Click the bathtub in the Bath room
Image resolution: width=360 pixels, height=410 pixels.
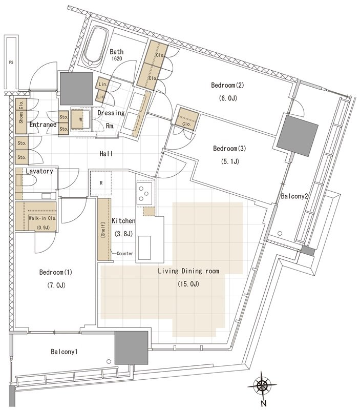(x=96, y=47)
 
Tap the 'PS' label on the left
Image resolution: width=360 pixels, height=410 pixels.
(x=11, y=63)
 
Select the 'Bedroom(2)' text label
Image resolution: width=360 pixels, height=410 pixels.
(x=227, y=85)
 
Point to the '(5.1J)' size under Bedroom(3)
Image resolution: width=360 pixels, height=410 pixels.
(x=230, y=161)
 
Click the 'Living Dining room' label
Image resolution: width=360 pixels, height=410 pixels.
(x=188, y=271)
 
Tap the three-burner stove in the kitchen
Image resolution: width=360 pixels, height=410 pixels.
(x=144, y=193)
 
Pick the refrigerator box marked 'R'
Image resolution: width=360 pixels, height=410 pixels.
(x=101, y=183)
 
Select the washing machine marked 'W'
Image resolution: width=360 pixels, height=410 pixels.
(x=81, y=119)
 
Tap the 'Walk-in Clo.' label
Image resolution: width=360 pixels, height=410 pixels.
(x=43, y=218)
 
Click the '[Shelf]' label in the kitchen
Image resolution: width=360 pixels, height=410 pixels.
(x=103, y=230)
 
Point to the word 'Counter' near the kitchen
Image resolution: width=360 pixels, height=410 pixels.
(x=125, y=253)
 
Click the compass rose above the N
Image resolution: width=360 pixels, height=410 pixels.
(x=262, y=385)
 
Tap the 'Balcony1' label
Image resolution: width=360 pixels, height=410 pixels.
(x=64, y=352)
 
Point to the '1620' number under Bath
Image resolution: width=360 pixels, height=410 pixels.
(x=117, y=59)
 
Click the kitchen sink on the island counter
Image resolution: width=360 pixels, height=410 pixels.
(x=144, y=248)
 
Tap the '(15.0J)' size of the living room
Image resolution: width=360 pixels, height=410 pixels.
(x=188, y=284)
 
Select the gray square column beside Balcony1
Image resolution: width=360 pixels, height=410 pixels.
(x=132, y=348)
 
